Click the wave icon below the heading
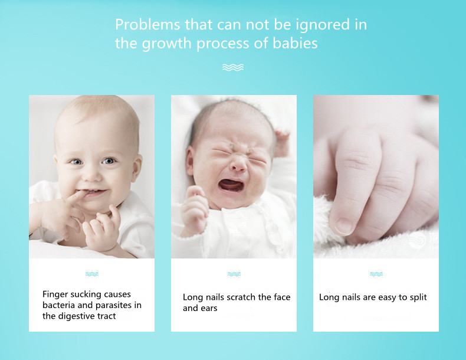click(233, 67)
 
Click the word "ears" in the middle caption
click(208, 308)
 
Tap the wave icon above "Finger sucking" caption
click(91, 274)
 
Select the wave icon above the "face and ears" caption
click(234, 274)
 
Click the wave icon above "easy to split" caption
click(376, 274)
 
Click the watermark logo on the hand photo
click(418, 240)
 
